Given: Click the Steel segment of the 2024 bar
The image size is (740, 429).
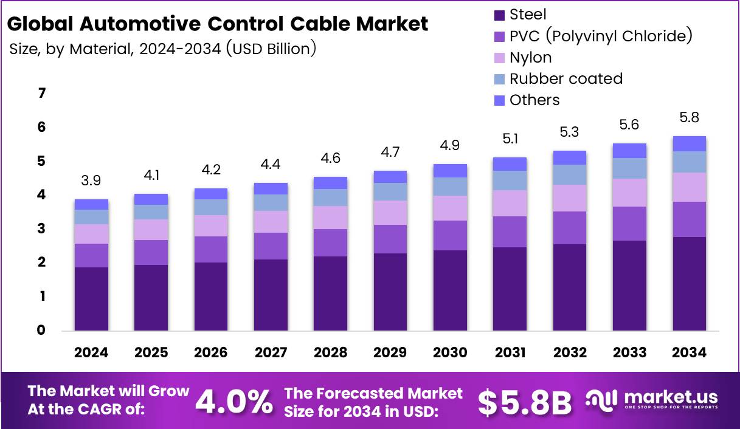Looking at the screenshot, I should pos(91,299).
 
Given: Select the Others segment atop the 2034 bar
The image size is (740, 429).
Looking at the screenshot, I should pos(689,143).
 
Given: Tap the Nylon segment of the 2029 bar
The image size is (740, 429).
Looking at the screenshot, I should pos(390,213).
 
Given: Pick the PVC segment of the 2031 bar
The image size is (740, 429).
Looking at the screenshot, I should pos(510,232).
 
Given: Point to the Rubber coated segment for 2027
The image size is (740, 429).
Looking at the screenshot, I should pos(271,202).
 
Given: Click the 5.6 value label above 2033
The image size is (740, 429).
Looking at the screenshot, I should pos(629,124).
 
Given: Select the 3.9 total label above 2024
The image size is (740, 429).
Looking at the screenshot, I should pos(91,180).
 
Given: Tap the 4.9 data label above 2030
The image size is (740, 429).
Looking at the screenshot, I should pos(450,145).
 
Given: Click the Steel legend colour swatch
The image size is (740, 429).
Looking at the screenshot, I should pos(499,15).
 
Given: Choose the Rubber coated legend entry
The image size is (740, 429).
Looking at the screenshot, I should pos(565,79).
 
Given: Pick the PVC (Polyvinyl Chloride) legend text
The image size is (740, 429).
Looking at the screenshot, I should pos(601,36).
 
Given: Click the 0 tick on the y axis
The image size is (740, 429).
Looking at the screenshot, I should pos(42,331).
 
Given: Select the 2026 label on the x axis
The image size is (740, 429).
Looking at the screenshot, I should pos(211,353).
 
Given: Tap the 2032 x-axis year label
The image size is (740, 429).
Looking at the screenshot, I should pos(570,353).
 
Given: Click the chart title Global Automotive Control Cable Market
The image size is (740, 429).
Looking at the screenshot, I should pos(218,24).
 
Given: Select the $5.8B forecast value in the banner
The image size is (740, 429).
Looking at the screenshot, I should pos(524,401).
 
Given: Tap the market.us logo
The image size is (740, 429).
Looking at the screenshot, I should pos(652,400).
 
